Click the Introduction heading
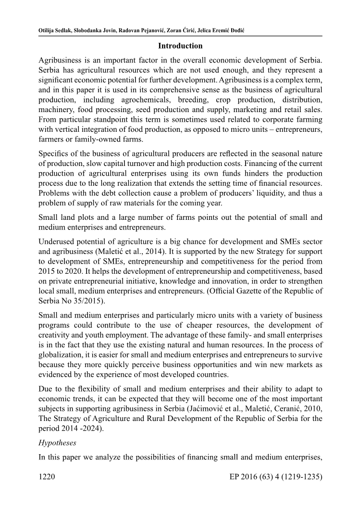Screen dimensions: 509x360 tap(180, 46)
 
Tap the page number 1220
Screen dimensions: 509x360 tap(47, 477)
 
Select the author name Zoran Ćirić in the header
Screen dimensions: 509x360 tap(196, 31)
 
